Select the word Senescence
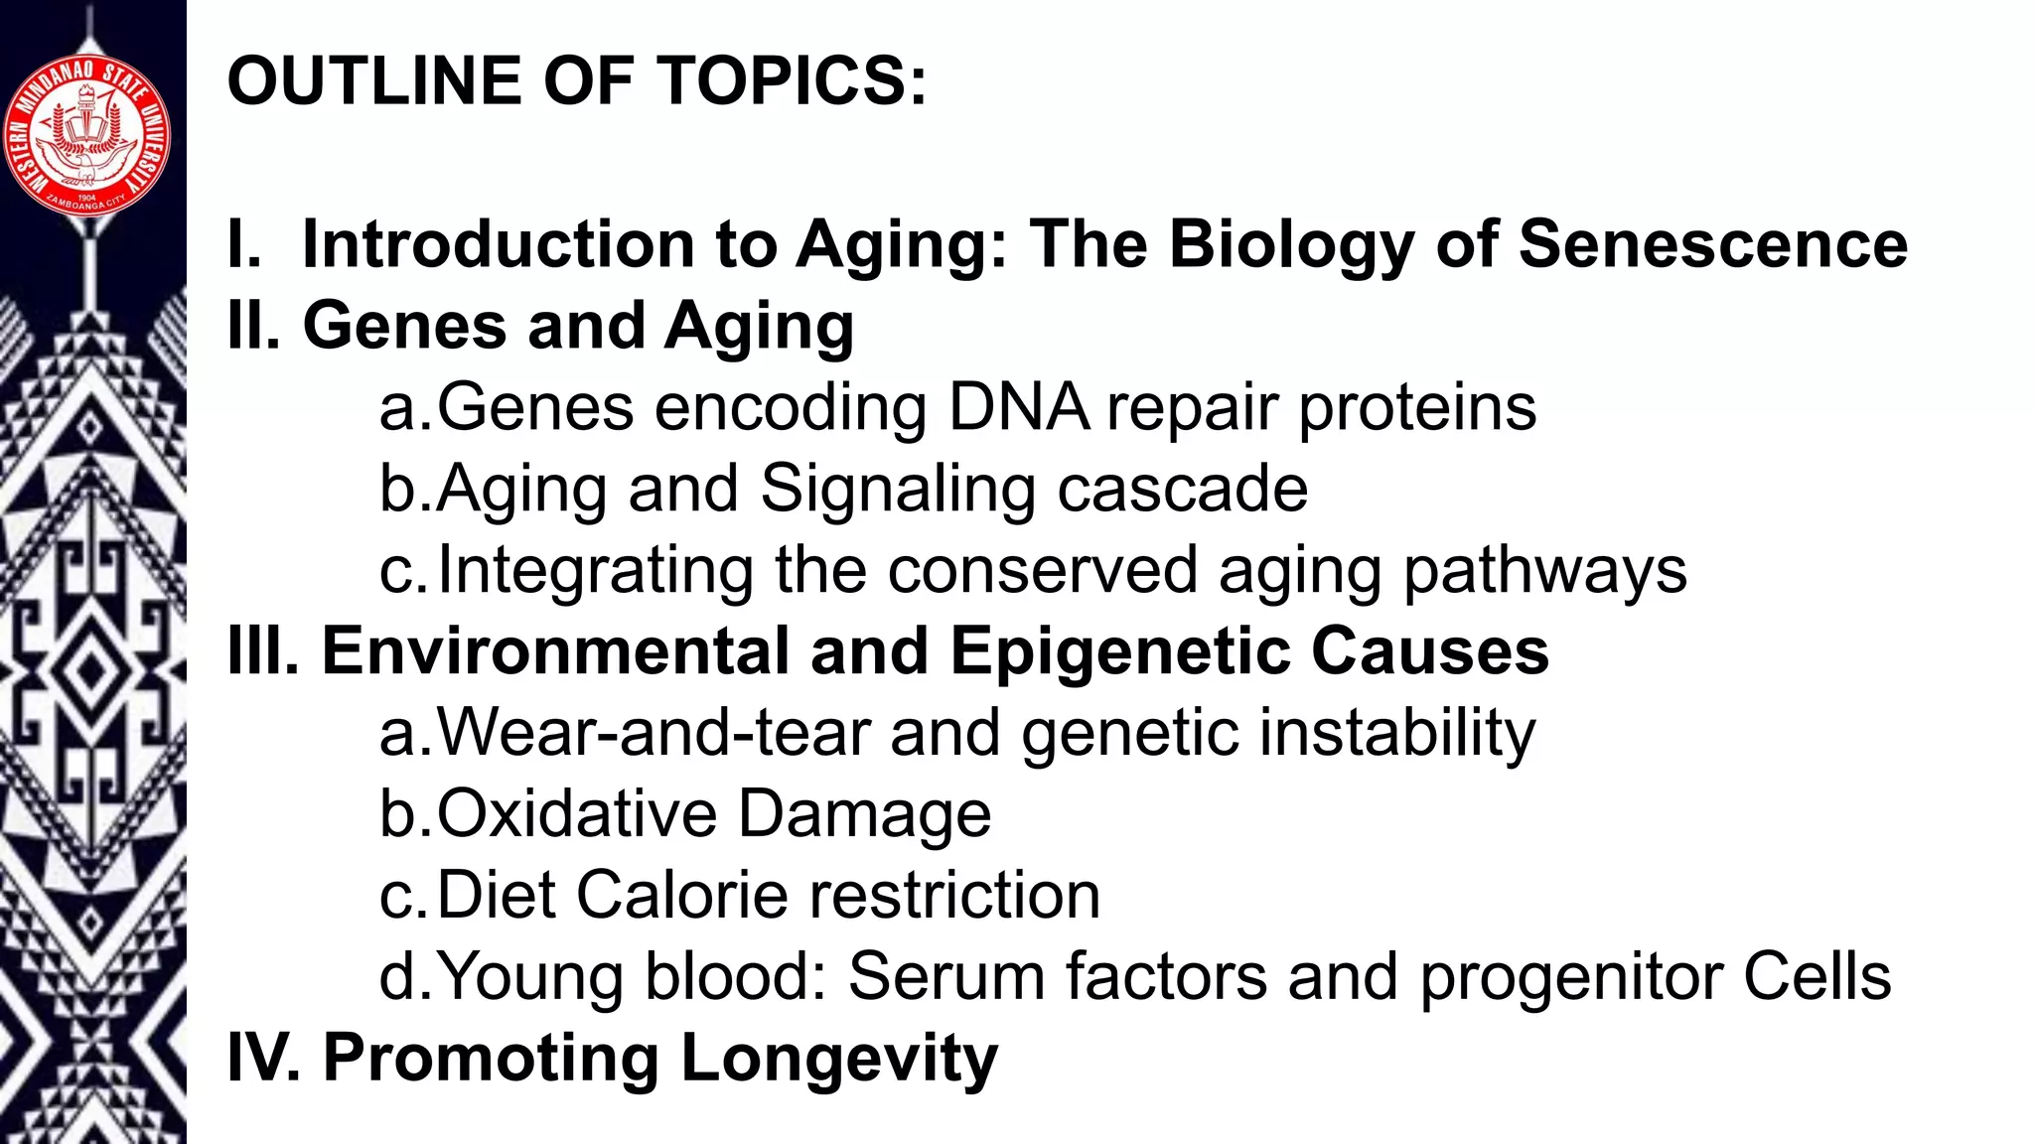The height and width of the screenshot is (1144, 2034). [1713, 244]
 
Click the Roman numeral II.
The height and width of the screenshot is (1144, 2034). [252, 326]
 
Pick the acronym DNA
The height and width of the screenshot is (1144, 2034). [1018, 407]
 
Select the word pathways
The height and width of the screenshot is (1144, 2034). [1544, 572]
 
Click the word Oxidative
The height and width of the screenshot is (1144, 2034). [577, 814]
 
